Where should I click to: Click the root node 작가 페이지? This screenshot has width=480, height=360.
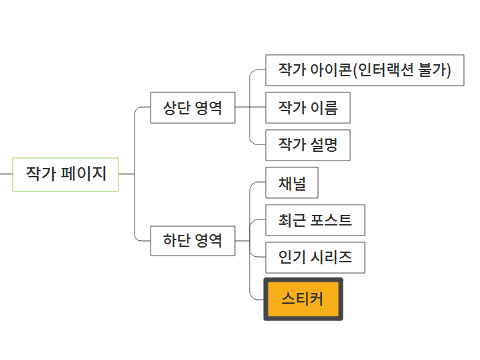pos(66,174)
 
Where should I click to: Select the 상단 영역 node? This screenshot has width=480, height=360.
pos(193,108)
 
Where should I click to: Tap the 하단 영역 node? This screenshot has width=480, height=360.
pos(193,241)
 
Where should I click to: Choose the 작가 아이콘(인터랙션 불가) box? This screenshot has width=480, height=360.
pos(364,70)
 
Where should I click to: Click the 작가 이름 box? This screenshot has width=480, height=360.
pos(308,108)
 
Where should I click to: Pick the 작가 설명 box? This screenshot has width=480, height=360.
pos(308,145)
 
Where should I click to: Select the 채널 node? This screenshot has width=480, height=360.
pos(292,183)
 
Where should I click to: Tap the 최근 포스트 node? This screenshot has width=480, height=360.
pos(315,220)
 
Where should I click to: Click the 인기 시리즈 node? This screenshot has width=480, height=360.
pos(315,258)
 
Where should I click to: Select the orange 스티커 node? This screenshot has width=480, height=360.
pos(303,298)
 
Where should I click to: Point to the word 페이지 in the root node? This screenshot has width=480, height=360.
pos(84,174)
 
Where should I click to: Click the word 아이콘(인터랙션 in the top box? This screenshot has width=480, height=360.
pos(362,70)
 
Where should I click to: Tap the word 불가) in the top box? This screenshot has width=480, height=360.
pos(435,70)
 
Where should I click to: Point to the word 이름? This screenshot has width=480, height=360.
pos(324,108)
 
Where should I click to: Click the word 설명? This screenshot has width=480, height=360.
pos(324,145)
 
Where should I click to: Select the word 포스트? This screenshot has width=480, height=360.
pos(331,220)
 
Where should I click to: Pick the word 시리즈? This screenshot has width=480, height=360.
pos(331,258)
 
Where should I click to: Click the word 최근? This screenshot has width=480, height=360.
pos(292,220)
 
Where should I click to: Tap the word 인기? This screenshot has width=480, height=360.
pos(292,258)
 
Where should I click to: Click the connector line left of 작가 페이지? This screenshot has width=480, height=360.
pos(5,174)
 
